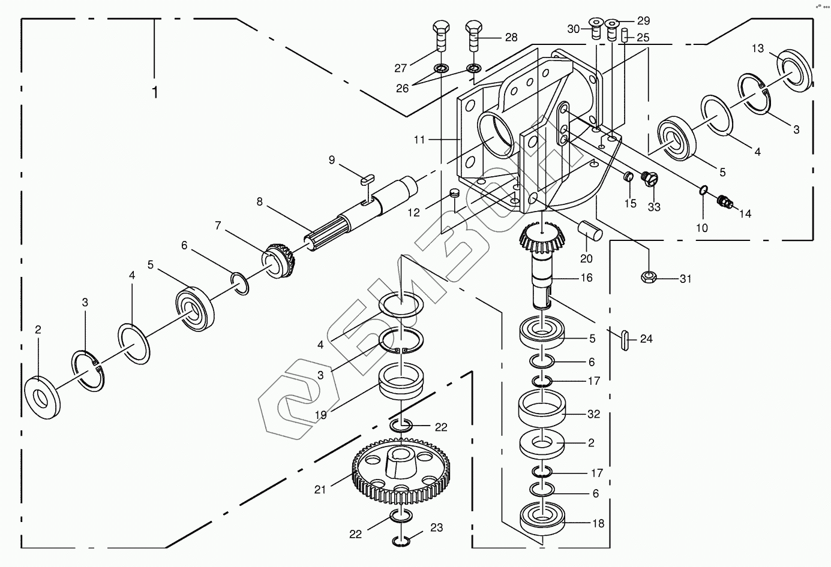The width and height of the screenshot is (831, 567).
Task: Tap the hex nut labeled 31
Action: [x=649, y=278]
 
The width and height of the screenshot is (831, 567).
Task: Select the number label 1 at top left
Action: [x=155, y=92]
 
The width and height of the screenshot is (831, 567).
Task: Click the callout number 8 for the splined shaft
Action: [x=259, y=201]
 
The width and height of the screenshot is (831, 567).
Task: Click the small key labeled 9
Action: [x=368, y=178]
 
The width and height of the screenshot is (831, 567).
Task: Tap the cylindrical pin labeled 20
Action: [x=589, y=229]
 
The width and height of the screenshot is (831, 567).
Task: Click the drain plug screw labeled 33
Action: [x=650, y=178]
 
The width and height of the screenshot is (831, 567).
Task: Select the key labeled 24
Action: [x=624, y=339]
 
